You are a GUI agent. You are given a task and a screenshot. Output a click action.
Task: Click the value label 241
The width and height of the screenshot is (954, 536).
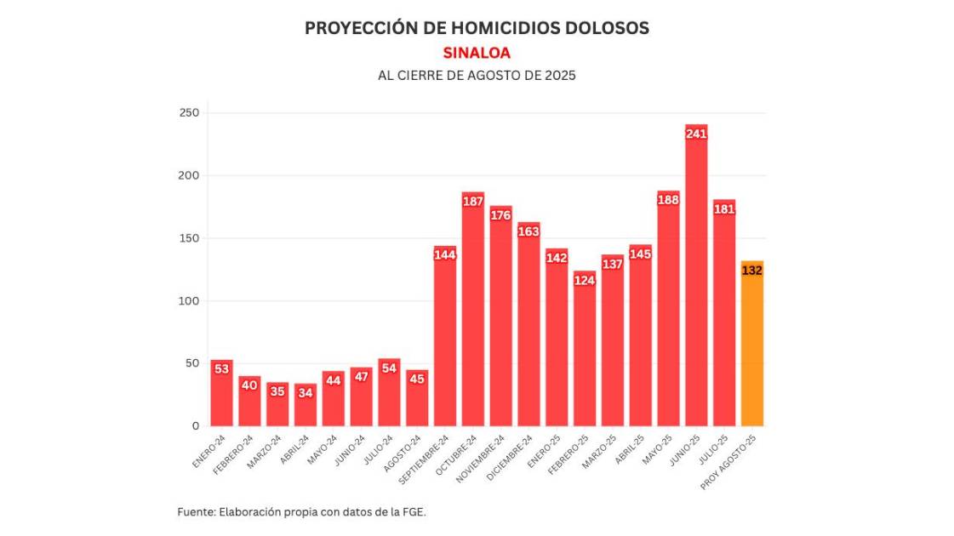point(696,134)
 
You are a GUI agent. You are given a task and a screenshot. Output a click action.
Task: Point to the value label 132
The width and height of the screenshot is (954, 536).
point(752,271)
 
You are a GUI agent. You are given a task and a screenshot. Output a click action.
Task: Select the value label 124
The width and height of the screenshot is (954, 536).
point(585,281)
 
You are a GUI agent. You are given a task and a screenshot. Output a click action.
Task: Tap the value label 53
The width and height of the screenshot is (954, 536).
point(222,369)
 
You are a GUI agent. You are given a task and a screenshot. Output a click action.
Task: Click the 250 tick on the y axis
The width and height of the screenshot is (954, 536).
point(189,113)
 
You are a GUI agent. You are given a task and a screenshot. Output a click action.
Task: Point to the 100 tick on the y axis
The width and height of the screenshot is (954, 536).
point(189,301)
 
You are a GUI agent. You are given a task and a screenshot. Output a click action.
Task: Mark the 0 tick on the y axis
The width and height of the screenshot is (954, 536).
point(195,425)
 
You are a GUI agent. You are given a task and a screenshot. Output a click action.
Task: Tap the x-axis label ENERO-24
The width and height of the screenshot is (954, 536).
point(209,450)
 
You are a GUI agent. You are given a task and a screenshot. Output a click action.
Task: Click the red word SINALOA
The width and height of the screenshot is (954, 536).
point(477,53)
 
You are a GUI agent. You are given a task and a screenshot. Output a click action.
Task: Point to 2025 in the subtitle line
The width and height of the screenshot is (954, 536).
point(560,75)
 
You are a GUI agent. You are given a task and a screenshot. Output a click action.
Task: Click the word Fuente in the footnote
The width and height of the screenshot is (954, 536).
point(196,512)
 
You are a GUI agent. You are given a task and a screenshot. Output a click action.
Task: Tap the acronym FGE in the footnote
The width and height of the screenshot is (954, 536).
point(413,512)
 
